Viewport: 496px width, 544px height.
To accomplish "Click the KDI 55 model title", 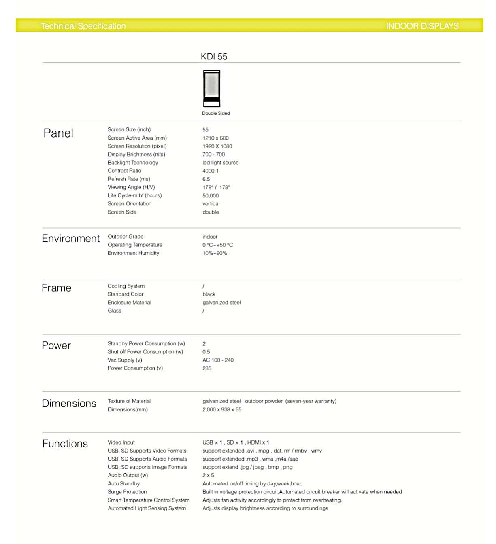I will click(x=214, y=57).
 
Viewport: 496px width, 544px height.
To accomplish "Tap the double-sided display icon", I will click(x=212, y=88).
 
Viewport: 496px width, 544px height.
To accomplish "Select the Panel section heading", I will click(x=58, y=133).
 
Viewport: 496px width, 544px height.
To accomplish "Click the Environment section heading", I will click(x=71, y=239).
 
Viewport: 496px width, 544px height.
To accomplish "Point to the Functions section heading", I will click(x=65, y=444).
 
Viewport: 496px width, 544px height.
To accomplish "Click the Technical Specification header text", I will click(x=83, y=26).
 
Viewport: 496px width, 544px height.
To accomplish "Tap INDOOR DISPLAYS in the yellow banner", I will click(x=422, y=26).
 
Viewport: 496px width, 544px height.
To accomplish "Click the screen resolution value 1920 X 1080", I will click(x=217, y=146).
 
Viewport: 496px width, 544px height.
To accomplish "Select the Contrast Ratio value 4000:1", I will click(x=211, y=171).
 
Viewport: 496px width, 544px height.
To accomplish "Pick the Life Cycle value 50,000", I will click(x=211, y=196).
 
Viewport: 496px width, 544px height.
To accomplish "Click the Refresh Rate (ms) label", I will click(x=129, y=179).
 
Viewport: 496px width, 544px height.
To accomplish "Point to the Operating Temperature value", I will click(x=218, y=245).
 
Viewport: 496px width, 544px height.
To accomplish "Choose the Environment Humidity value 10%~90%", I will click(x=215, y=253).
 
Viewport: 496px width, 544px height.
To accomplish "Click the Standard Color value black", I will click(x=209, y=294).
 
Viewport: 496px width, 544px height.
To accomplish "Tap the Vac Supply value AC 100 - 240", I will click(x=218, y=360).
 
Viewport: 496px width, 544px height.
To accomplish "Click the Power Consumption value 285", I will click(x=207, y=368).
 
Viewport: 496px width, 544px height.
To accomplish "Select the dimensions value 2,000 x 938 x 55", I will click(x=222, y=410).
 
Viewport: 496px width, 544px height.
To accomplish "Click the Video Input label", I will click(x=121, y=442).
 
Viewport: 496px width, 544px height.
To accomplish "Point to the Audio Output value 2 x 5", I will click(x=208, y=476).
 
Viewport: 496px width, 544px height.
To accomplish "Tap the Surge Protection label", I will click(x=127, y=492).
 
